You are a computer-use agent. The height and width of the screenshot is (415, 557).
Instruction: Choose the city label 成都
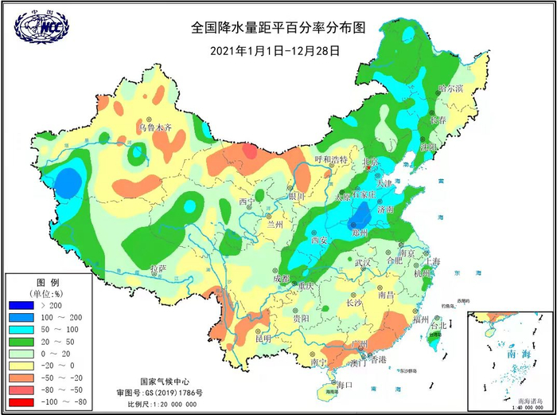tap(281, 279)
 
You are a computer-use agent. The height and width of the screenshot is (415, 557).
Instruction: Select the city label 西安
tap(320, 239)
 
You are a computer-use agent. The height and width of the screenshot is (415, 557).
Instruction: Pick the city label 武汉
tap(364, 262)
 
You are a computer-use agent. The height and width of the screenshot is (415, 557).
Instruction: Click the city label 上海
tap(433, 260)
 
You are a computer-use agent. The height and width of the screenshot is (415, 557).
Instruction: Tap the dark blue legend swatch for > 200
tap(21, 305)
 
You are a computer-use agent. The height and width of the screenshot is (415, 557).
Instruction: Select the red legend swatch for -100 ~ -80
tap(21, 403)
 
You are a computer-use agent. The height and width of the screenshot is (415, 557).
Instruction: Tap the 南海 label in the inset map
tap(506, 353)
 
